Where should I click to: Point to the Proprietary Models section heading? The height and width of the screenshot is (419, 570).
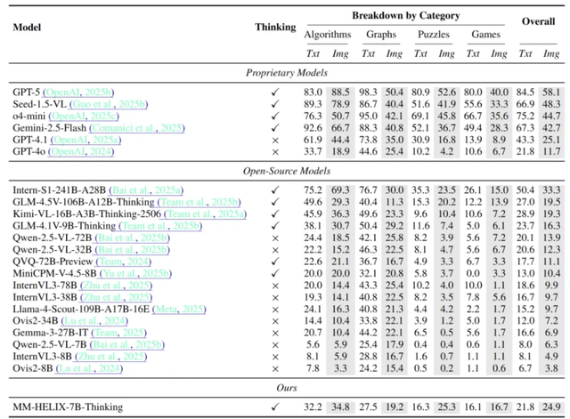pos(286,72)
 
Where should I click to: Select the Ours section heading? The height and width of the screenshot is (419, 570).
pos(286,389)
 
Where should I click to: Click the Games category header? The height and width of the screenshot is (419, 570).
pos(493,35)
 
